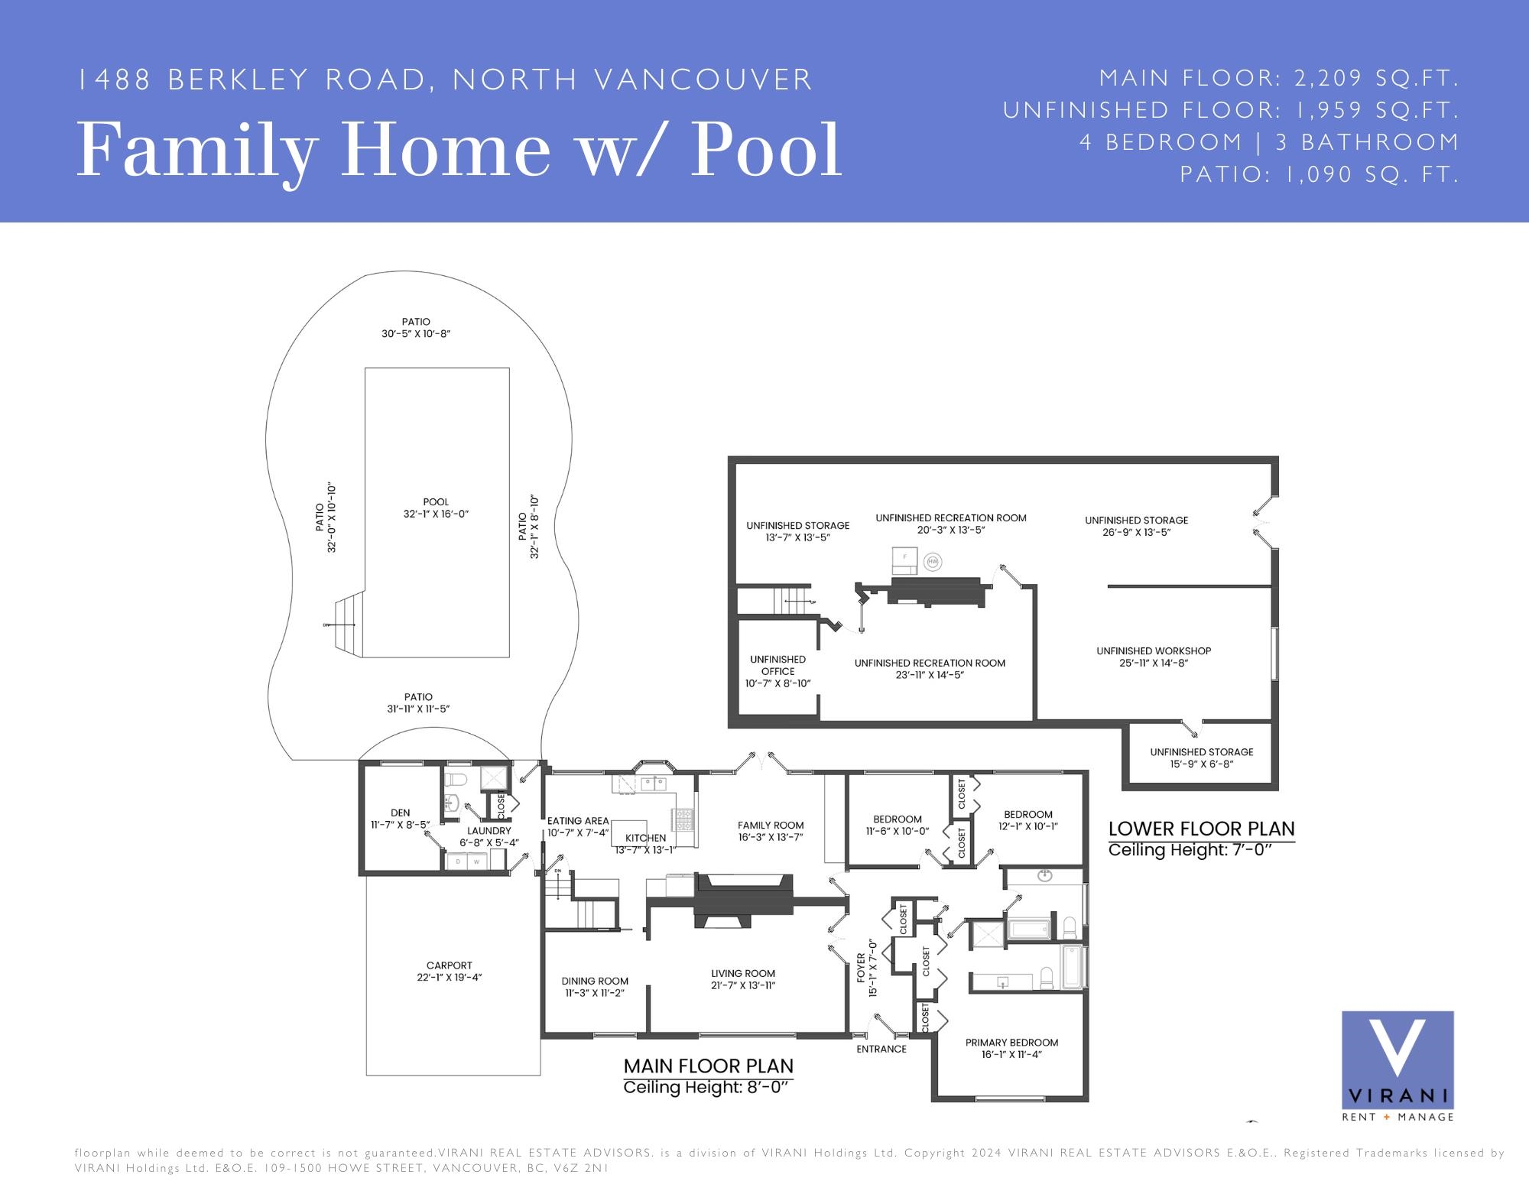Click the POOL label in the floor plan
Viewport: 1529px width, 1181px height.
pos(436,502)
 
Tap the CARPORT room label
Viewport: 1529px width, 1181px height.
pos(450,965)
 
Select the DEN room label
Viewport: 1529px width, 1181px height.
pos(401,813)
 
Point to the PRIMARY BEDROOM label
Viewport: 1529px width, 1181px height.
pos(1011,1043)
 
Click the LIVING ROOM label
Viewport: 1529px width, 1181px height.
pos(743,974)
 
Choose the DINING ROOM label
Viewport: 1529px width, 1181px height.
pos(595,981)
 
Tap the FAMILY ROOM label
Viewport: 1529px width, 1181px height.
pos(771,825)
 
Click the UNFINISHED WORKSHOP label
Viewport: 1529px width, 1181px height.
pos(1154,651)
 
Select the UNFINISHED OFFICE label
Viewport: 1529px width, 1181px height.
pos(777,665)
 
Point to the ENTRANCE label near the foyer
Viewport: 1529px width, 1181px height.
pos(881,1049)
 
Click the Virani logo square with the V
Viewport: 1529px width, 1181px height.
pos(1398,1059)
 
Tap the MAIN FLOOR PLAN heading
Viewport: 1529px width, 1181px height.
pos(709,1066)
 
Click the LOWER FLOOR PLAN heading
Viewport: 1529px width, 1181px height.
pos(1202,829)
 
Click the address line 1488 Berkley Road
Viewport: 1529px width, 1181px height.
pos(445,79)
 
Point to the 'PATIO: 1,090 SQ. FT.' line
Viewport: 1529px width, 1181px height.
pos(1320,174)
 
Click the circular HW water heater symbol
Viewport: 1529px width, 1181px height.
pos(932,562)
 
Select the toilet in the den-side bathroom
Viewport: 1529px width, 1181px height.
pos(456,780)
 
